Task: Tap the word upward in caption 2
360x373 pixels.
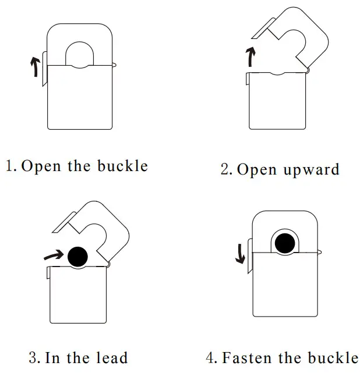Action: (x=312, y=170)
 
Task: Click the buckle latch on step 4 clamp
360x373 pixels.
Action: (x=249, y=256)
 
